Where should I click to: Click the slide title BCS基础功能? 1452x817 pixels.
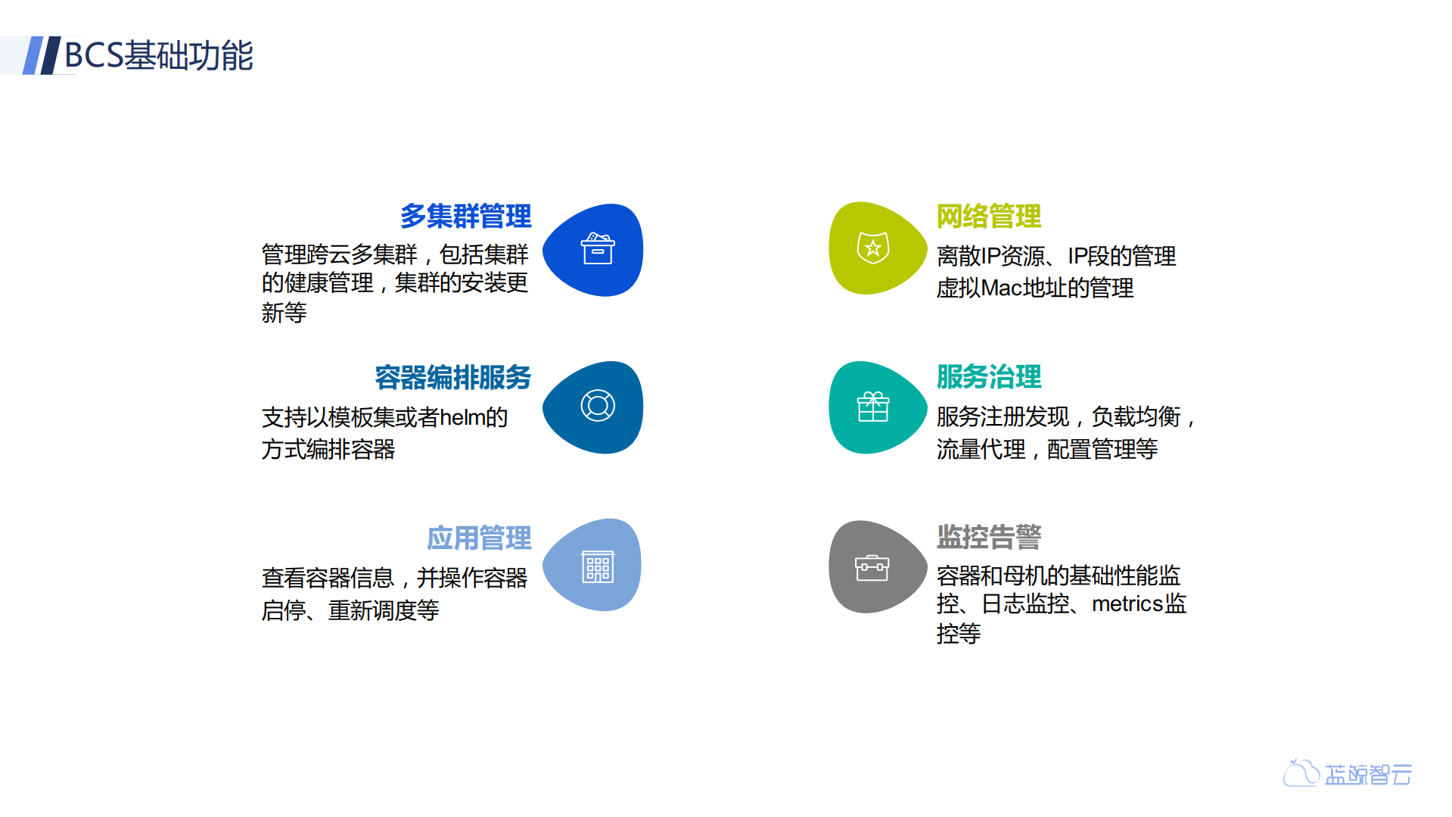coord(159,55)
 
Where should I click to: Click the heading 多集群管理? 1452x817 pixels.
coord(465,217)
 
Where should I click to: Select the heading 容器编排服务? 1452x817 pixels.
coord(452,377)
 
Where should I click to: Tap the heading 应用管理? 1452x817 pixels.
coord(479,538)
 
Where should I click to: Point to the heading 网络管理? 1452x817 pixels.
coord(988,217)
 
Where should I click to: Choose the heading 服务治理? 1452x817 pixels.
coord(988,377)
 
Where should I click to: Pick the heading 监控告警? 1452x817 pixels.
coord(988,537)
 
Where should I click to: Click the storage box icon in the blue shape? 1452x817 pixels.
coord(597,248)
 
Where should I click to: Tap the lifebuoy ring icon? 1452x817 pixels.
coord(597,406)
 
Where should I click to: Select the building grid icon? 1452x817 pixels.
coord(597,566)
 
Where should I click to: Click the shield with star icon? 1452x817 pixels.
coord(872,248)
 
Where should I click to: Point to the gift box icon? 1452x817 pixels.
coord(872,407)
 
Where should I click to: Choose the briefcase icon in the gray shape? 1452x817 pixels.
coord(872,567)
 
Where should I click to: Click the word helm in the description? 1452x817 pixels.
coord(462,417)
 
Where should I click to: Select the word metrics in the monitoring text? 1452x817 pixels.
coord(1127,604)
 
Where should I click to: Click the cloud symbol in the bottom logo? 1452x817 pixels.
coord(1301,773)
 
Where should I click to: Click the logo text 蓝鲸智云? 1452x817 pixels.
coord(1368,775)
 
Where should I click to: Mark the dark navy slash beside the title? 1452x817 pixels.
coord(50,55)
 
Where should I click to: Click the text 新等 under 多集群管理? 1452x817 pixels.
coord(284,313)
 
